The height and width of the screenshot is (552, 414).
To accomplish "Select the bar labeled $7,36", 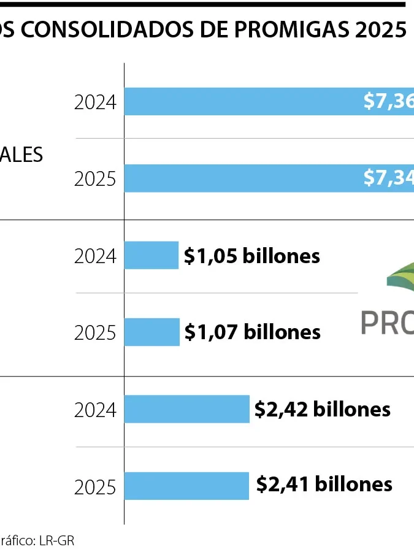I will pos(245,101).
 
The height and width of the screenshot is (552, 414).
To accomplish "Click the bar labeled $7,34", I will pos(245,178).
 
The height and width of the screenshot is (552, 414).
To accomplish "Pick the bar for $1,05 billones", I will pos(151,255).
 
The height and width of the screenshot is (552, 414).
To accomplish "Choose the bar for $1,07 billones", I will pos(152,332).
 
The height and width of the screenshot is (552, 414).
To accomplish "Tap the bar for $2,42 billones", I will pos(187,409).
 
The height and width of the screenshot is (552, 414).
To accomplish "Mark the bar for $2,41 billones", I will pos(187,485).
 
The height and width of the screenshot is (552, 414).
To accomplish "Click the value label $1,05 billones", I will pos(252,255).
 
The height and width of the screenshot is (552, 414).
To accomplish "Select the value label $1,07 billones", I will pos(253,332).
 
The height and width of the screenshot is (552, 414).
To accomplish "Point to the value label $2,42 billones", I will pos(323,409).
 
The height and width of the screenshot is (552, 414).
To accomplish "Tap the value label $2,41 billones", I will pos(324,485).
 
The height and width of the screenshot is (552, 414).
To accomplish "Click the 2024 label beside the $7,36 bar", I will pos(95,102).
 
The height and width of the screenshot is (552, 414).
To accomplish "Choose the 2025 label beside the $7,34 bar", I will pos(95,178).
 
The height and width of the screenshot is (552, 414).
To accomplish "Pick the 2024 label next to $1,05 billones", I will pos(95,256).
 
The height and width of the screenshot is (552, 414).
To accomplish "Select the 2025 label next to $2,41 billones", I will pos(95,487).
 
